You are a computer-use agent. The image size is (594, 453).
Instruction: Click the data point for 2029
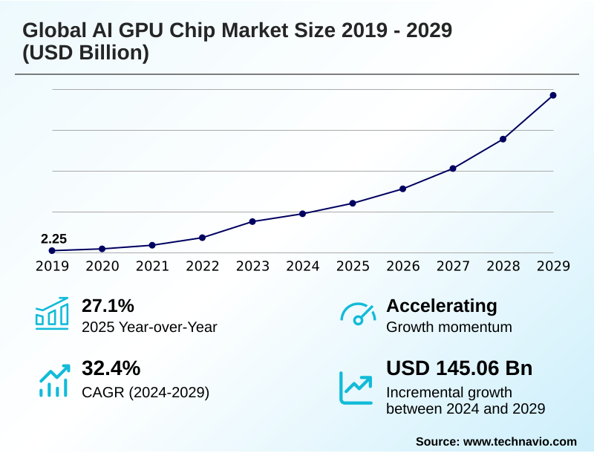click(x=553, y=95)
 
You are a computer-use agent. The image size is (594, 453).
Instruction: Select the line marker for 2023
click(x=252, y=221)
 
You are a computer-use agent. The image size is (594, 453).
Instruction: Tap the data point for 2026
click(x=402, y=189)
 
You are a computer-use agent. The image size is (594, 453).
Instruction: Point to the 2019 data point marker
click(x=52, y=251)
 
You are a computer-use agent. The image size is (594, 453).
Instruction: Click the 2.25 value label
click(x=53, y=238)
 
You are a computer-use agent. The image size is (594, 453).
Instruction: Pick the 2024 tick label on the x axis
click(x=303, y=267)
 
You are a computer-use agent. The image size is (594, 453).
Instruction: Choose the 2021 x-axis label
click(x=152, y=267)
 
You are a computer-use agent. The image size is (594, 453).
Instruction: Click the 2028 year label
click(x=503, y=267)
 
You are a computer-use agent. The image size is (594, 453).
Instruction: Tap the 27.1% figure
click(x=108, y=305)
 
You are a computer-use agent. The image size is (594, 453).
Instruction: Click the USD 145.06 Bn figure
click(x=460, y=368)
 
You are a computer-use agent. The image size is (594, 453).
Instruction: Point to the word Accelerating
click(x=442, y=305)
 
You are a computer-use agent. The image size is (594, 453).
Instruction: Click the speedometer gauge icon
click(x=357, y=314)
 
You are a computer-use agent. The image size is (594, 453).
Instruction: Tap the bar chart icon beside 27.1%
click(x=52, y=313)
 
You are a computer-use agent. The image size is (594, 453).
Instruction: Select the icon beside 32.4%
click(x=53, y=379)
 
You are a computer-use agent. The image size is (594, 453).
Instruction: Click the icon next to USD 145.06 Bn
click(x=356, y=387)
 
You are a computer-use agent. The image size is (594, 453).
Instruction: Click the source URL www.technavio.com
click(x=520, y=441)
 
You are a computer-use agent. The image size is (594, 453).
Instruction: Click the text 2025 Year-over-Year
click(x=149, y=327)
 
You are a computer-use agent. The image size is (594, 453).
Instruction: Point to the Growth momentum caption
click(x=449, y=327)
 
